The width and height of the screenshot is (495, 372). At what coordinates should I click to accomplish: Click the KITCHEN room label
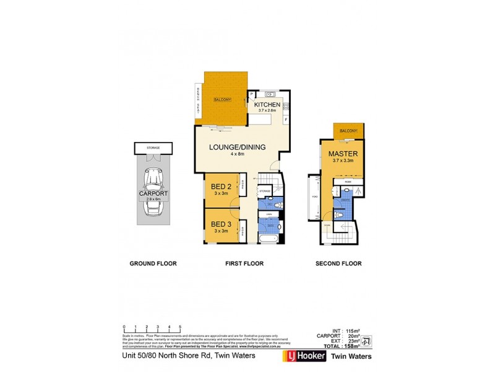[267, 105]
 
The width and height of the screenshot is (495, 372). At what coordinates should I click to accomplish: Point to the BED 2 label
[221, 187]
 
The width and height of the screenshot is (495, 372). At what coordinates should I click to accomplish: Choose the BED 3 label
[221, 224]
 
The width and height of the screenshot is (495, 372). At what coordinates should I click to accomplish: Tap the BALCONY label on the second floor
[348, 131]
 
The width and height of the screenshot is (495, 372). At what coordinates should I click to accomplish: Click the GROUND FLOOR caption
[153, 263]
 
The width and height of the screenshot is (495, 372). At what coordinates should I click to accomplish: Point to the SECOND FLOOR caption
[338, 263]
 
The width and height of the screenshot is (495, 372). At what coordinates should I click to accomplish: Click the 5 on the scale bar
[179, 327]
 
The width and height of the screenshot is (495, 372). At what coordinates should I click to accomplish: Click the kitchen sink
[271, 94]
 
